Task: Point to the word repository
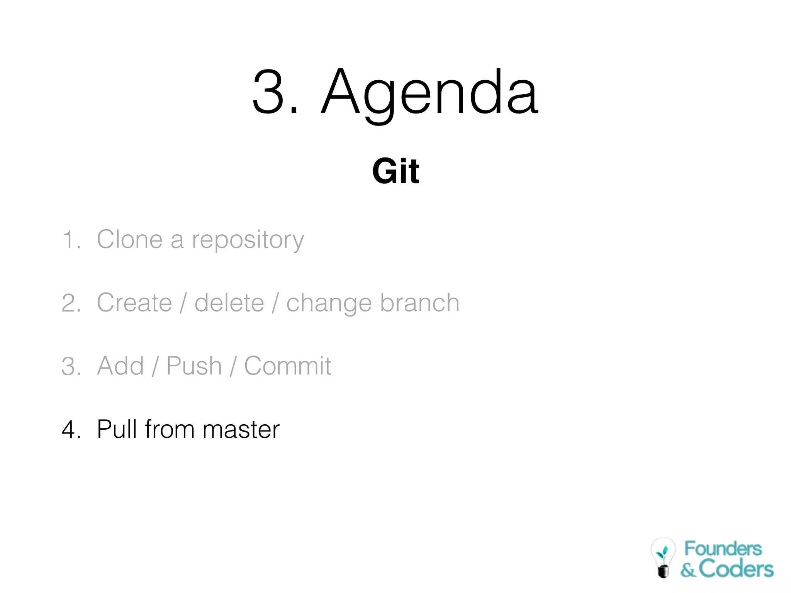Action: pyautogui.click(x=248, y=240)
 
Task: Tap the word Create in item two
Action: pyautogui.click(x=134, y=303)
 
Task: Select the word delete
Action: pyautogui.click(x=229, y=303)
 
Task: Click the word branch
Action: pyautogui.click(x=420, y=303)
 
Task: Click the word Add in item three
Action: pyautogui.click(x=121, y=366)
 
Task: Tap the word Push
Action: pyautogui.click(x=194, y=366)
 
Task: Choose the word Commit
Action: pyautogui.click(x=288, y=366)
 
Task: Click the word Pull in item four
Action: pyautogui.click(x=116, y=429)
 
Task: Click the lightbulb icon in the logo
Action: pyautogui.click(x=663, y=557)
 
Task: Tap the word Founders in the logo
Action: pyautogui.click(x=723, y=549)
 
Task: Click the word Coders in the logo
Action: pyautogui.click(x=736, y=569)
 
